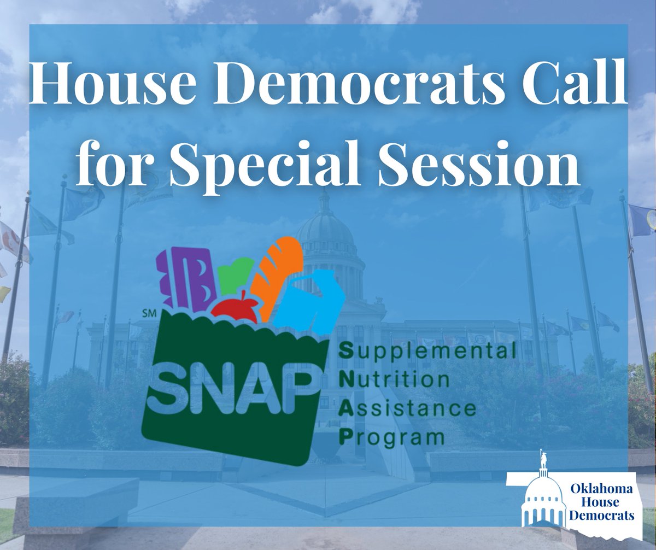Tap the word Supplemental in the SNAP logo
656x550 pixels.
tap(427, 353)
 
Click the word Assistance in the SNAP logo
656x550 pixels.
tap(407, 408)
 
